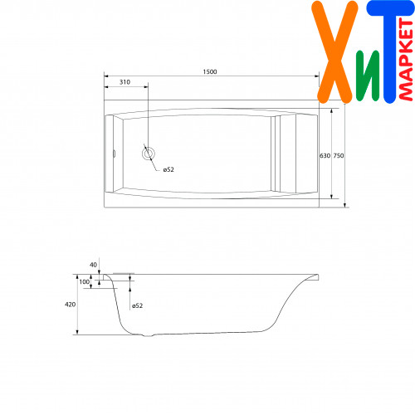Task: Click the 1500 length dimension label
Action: click(210, 71)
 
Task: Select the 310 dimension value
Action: click(124, 82)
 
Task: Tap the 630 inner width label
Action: click(325, 156)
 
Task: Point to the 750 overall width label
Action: click(339, 156)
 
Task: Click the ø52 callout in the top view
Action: click(168, 169)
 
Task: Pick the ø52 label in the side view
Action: click(137, 305)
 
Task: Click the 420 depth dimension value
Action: click(70, 305)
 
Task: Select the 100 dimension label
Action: click(85, 281)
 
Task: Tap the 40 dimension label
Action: click(93, 265)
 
